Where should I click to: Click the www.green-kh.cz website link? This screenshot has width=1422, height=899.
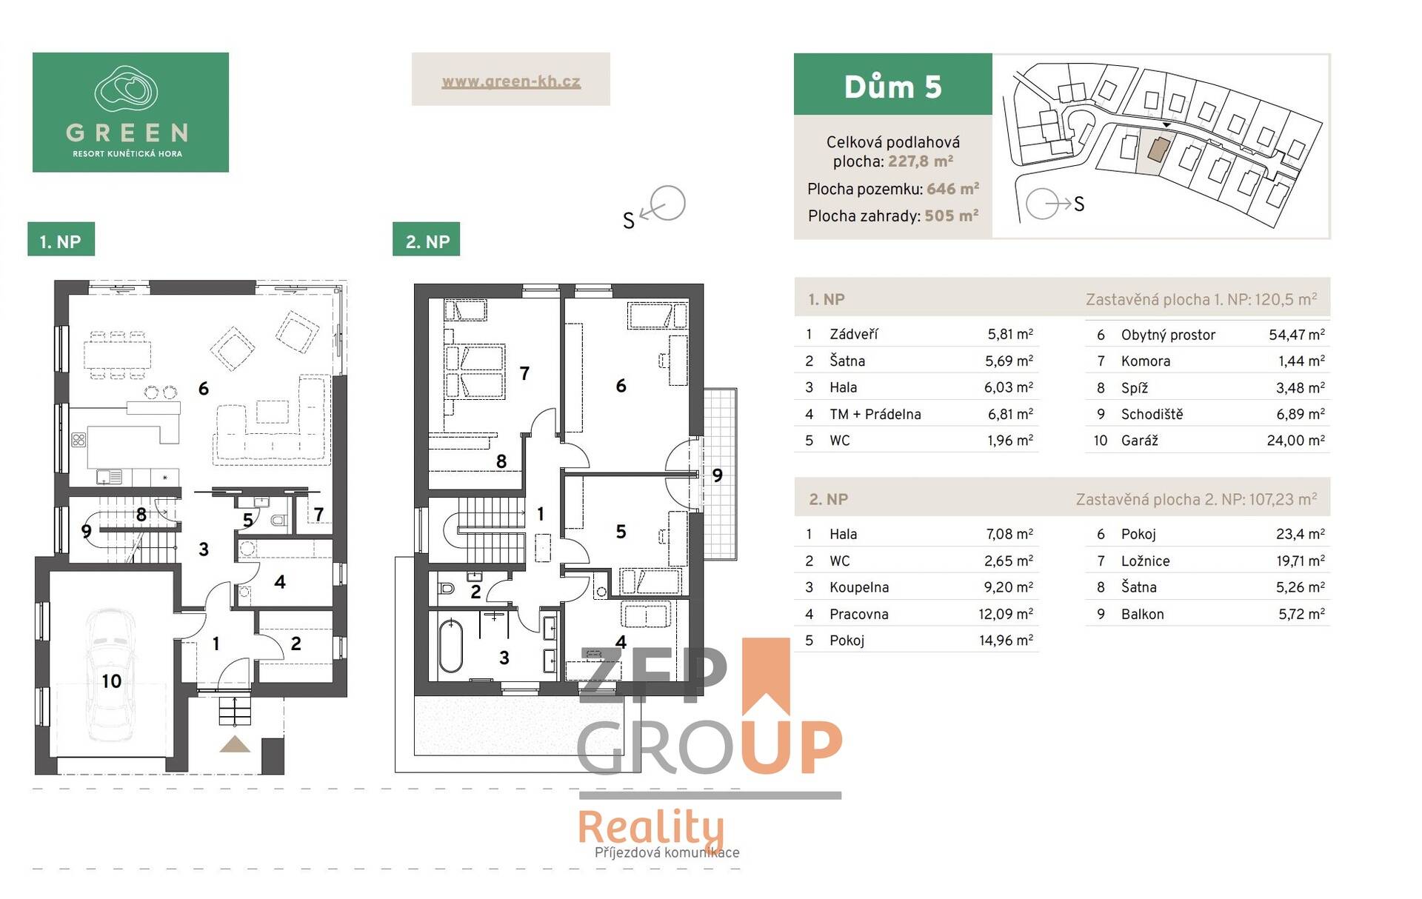pyautogui.click(x=511, y=81)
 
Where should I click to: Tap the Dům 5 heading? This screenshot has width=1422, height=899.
pyautogui.click(x=892, y=87)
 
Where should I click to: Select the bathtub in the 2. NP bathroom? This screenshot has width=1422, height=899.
pyautogui.click(x=450, y=645)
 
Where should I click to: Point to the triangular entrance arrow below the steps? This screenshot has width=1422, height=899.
pyautogui.click(x=235, y=744)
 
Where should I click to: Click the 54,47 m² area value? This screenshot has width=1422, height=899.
pyautogui.click(x=1296, y=335)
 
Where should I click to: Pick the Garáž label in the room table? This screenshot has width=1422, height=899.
pyautogui.click(x=1139, y=441)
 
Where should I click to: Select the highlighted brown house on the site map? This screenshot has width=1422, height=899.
pyautogui.click(x=1158, y=150)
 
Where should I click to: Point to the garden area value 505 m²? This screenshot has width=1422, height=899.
pyautogui.click(x=951, y=216)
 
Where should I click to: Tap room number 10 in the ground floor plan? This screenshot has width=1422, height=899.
pyautogui.click(x=111, y=681)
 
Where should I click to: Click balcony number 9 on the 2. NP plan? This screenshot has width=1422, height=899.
pyautogui.click(x=717, y=475)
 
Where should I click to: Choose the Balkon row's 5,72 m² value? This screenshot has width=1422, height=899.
pyautogui.click(x=1301, y=614)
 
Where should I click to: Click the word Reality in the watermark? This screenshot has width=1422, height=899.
pyautogui.click(x=651, y=828)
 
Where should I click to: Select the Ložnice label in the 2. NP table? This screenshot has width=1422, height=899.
pyautogui.click(x=1145, y=561)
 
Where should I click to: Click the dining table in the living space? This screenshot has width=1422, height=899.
pyautogui.click(x=118, y=355)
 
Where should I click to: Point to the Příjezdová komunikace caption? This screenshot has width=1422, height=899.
pyautogui.click(x=667, y=852)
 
